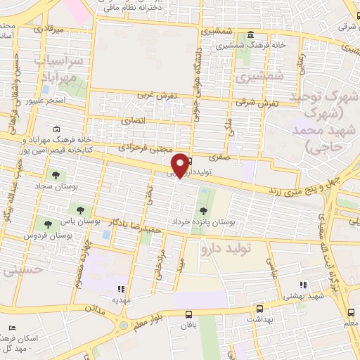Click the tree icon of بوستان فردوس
[48, 224]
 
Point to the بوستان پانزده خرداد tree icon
[204, 210]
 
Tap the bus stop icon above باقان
[188, 315]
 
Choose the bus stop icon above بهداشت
[259, 309]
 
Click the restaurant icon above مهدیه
[120, 288]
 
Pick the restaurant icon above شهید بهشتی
[303, 285]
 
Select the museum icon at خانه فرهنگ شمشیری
[251, 36]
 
